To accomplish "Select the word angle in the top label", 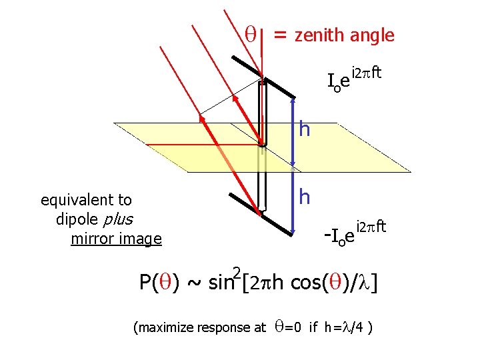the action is point(375,35).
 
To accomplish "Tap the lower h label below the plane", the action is point(305,196).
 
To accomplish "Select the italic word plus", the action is point(119,219).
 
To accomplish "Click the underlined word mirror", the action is point(91,238).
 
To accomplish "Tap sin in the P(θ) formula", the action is point(220,283).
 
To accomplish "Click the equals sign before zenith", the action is point(281,35).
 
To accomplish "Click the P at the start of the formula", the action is point(145,283).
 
